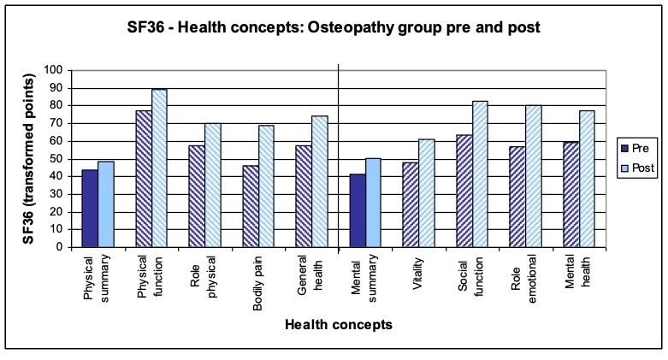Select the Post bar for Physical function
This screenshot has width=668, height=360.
pyautogui.click(x=159, y=168)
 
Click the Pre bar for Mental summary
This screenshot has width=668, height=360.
pyautogui.click(x=357, y=210)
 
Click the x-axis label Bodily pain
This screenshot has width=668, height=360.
pyautogui.click(x=256, y=278)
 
